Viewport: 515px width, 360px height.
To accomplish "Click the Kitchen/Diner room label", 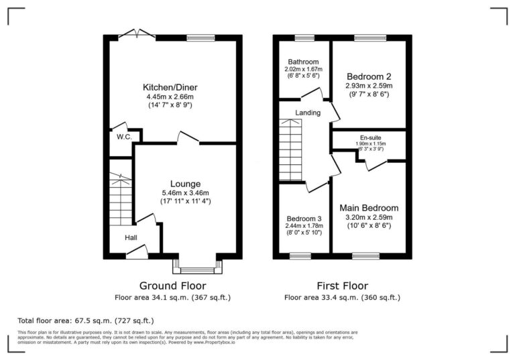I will (x=170, y=87).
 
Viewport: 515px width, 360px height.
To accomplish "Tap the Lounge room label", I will (x=185, y=184).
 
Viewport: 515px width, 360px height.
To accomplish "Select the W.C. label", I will (x=123, y=137).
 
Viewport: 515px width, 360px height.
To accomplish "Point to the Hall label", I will (x=131, y=237).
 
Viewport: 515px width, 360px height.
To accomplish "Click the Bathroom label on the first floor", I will (x=302, y=62).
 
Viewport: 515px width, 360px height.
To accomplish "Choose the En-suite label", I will (x=369, y=137).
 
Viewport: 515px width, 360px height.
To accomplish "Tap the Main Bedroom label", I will (x=368, y=208).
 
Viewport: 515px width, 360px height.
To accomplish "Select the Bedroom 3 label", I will (x=304, y=219).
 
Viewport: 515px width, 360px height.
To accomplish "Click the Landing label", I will (x=308, y=113).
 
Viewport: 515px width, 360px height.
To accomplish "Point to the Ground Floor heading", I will (x=172, y=286).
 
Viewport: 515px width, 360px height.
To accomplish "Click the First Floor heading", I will (x=342, y=286).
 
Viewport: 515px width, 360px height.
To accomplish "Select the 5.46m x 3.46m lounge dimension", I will (x=185, y=192).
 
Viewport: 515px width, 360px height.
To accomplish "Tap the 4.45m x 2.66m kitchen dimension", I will (x=170, y=97).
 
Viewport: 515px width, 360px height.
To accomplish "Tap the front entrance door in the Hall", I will (x=137, y=252).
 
